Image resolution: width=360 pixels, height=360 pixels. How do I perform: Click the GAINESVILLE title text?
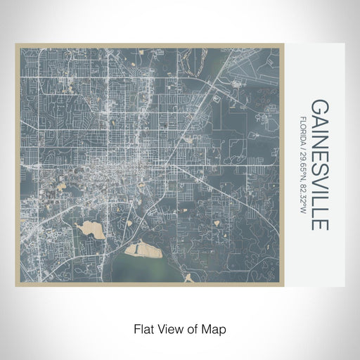319,165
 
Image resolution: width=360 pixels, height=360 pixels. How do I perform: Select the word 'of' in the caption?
192,328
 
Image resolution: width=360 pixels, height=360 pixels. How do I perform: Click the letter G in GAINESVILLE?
319,106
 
